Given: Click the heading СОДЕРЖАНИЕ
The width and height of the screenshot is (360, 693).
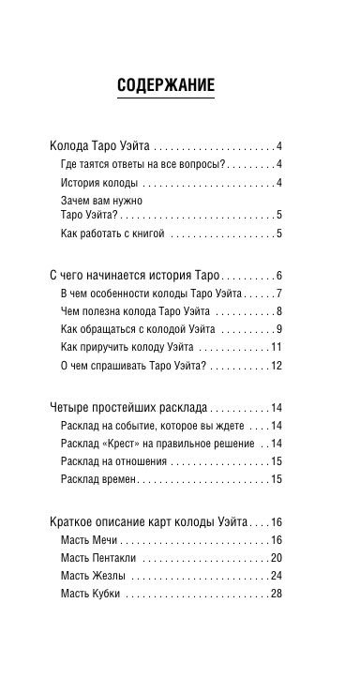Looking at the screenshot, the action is pyautogui.click(x=166, y=86).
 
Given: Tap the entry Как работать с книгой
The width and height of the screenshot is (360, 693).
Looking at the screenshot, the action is pyautogui.click(x=112, y=232).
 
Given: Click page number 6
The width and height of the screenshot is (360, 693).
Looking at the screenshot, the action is pyautogui.click(x=279, y=276).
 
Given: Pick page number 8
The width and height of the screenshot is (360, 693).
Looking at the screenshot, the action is pyautogui.click(x=279, y=311).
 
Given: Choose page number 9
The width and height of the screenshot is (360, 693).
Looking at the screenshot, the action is pyautogui.click(x=279, y=329).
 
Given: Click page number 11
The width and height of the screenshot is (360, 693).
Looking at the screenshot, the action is pyautogui.click(x=277, y=347).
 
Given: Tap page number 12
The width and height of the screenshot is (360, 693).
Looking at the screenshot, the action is pyautogui.click(x=277, y=365).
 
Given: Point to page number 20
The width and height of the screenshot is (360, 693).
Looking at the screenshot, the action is pyautogui.click(x=277, y=558).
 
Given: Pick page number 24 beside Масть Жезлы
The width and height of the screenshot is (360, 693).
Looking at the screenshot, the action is pyautogui.click(x=277, y=576).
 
